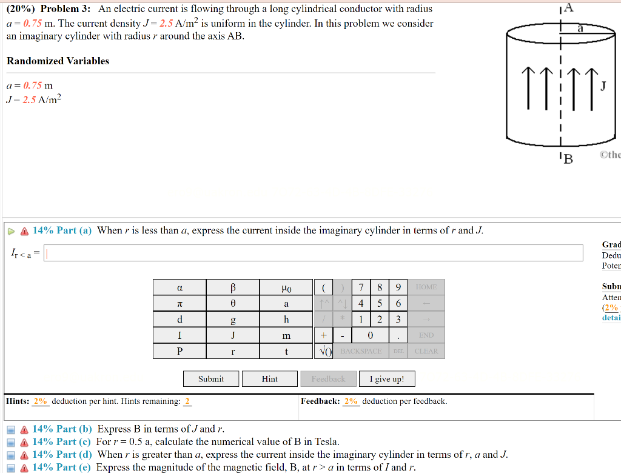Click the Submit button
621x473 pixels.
click(x=211, y=379)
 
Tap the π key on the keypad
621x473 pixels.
click(x=180, y=303)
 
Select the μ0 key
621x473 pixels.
click(x=286, y=287)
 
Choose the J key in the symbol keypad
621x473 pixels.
click(x=233, y=335)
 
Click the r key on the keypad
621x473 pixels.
click(x=233, y=351)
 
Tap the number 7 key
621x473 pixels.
click(x=361, y=287)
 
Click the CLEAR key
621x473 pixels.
click(x=426, y=351)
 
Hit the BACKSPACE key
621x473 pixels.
click(x=361, y=351)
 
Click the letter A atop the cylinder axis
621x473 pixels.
click(x=568, y=8)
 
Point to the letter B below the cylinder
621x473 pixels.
click(x=567, y=159)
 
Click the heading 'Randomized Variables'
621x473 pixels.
click(x=58, y=61)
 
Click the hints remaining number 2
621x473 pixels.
click(x=187, y=401)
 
